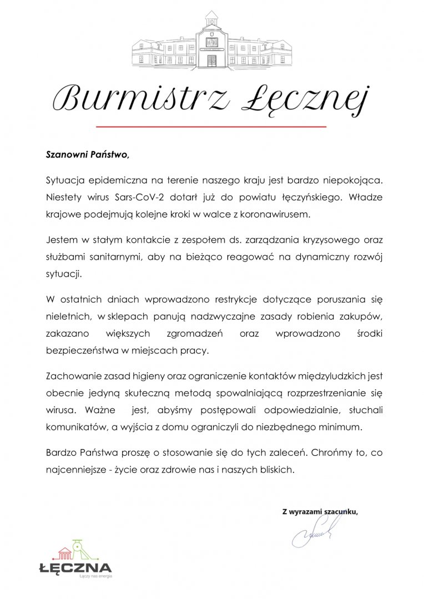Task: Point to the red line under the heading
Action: click(x=211, y=127)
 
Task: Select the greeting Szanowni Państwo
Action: click(x=87, y=154)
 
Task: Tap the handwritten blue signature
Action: click(x=312, y=535)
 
